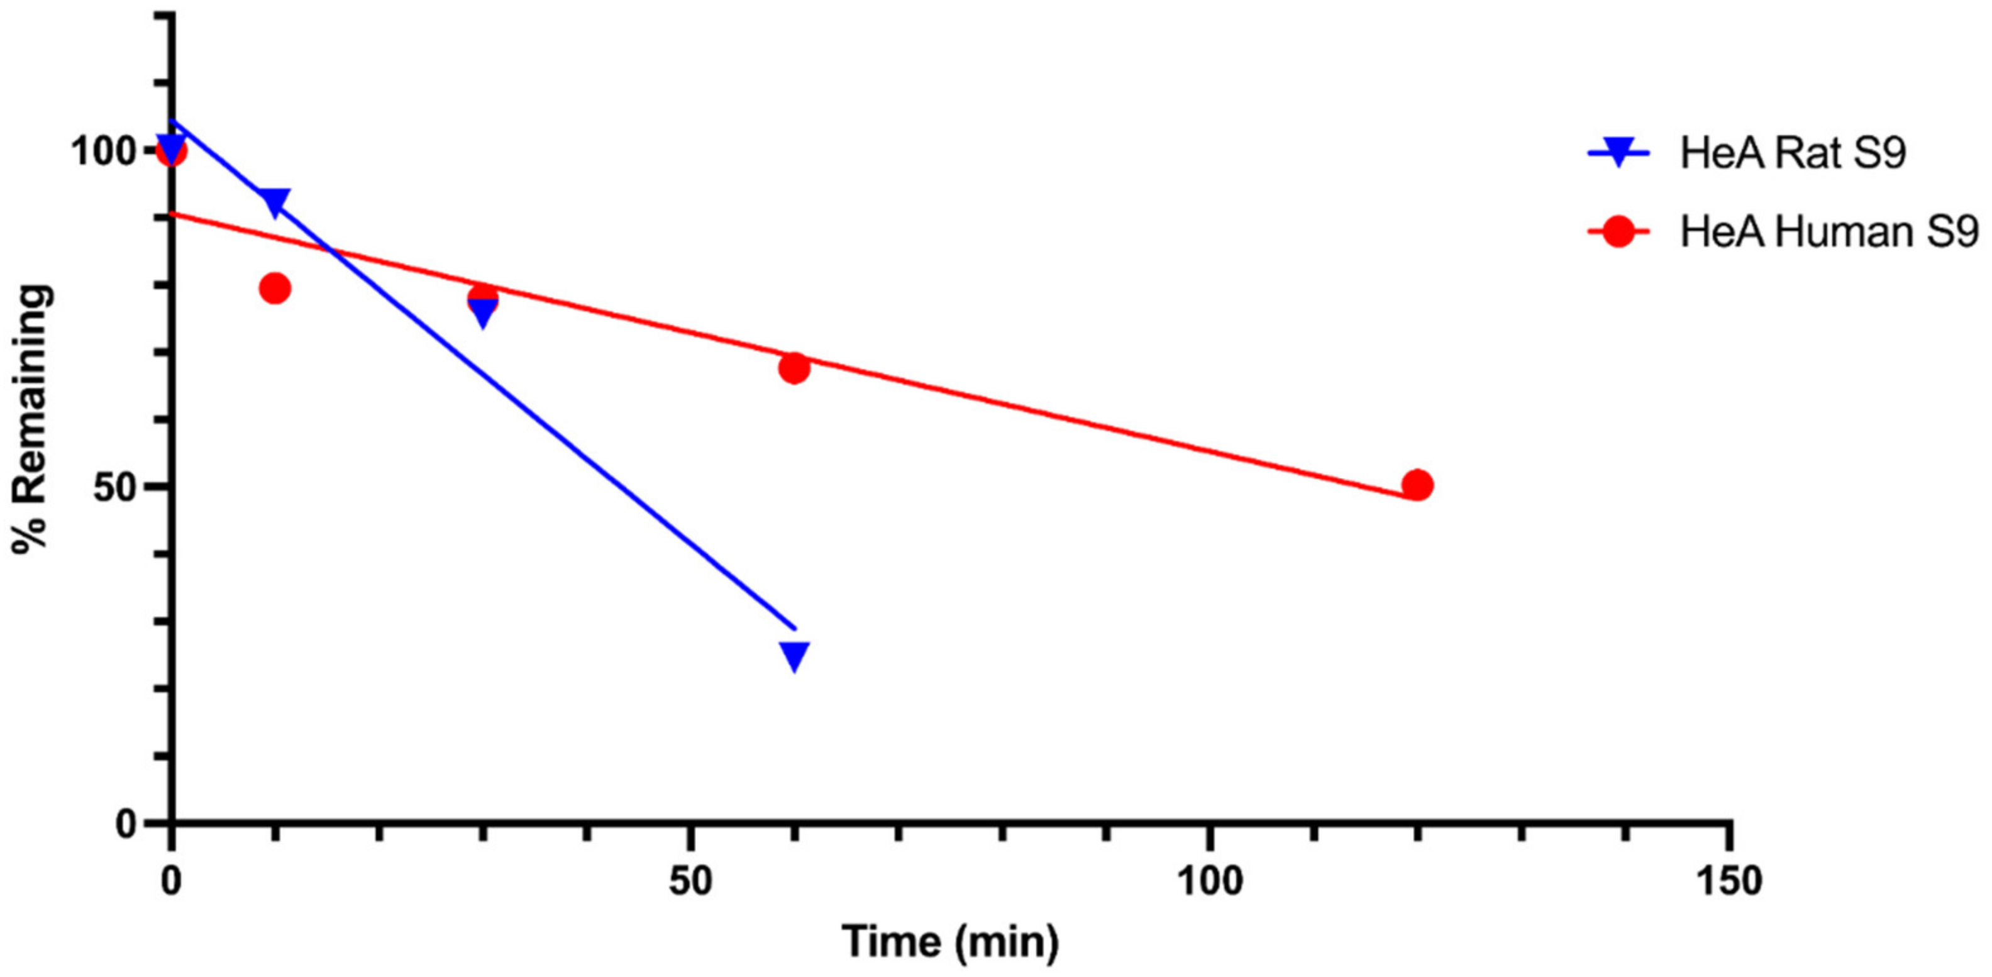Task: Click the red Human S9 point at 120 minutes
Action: coord(1417,485)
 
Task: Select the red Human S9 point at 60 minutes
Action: coord(794,368)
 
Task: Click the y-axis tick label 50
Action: coord(116,487)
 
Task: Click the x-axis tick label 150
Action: coord(1729,881)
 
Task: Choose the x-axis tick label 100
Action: coord(1209,881)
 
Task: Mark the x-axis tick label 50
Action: coord(690,881)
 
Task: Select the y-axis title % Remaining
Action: coord(33,418)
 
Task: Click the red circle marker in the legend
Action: coord(1618,231)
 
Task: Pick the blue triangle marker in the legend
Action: coord(1618,152)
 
